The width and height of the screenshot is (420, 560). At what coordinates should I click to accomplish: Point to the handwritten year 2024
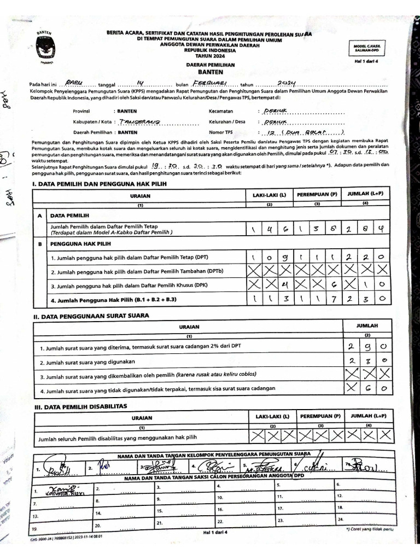(x=285, y=83)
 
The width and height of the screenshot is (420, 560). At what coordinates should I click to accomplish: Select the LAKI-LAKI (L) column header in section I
(x=269, y=195)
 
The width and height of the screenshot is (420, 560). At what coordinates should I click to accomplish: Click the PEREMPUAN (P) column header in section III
(x=320, y=416)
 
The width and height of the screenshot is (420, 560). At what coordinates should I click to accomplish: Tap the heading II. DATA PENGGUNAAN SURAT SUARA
(x=91, y=316)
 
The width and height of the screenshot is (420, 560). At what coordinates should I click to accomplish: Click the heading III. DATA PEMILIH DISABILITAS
(x=80, y=406)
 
